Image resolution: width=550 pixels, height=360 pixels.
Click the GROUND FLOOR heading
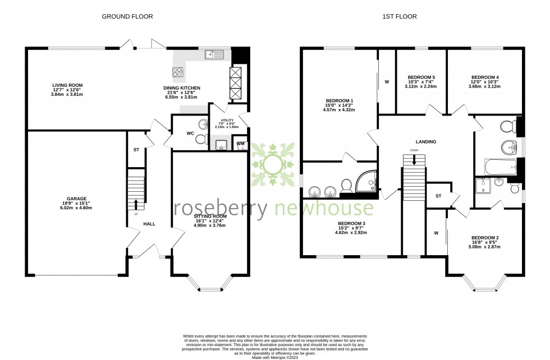point(127,17)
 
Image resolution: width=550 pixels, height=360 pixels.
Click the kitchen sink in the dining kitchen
point(215,54)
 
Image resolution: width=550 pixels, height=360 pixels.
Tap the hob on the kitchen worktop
point(178,72)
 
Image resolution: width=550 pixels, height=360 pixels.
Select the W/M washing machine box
point(240,144)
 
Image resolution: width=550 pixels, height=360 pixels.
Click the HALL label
point(149,224)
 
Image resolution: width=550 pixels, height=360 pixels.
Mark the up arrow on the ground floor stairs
point(135,205)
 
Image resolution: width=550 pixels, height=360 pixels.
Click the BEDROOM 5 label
point(421,77)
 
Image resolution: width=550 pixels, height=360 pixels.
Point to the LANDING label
point(426,142)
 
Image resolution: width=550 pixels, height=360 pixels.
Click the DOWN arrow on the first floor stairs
point(415,159)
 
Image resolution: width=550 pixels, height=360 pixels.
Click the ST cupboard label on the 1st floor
point(438,196)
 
